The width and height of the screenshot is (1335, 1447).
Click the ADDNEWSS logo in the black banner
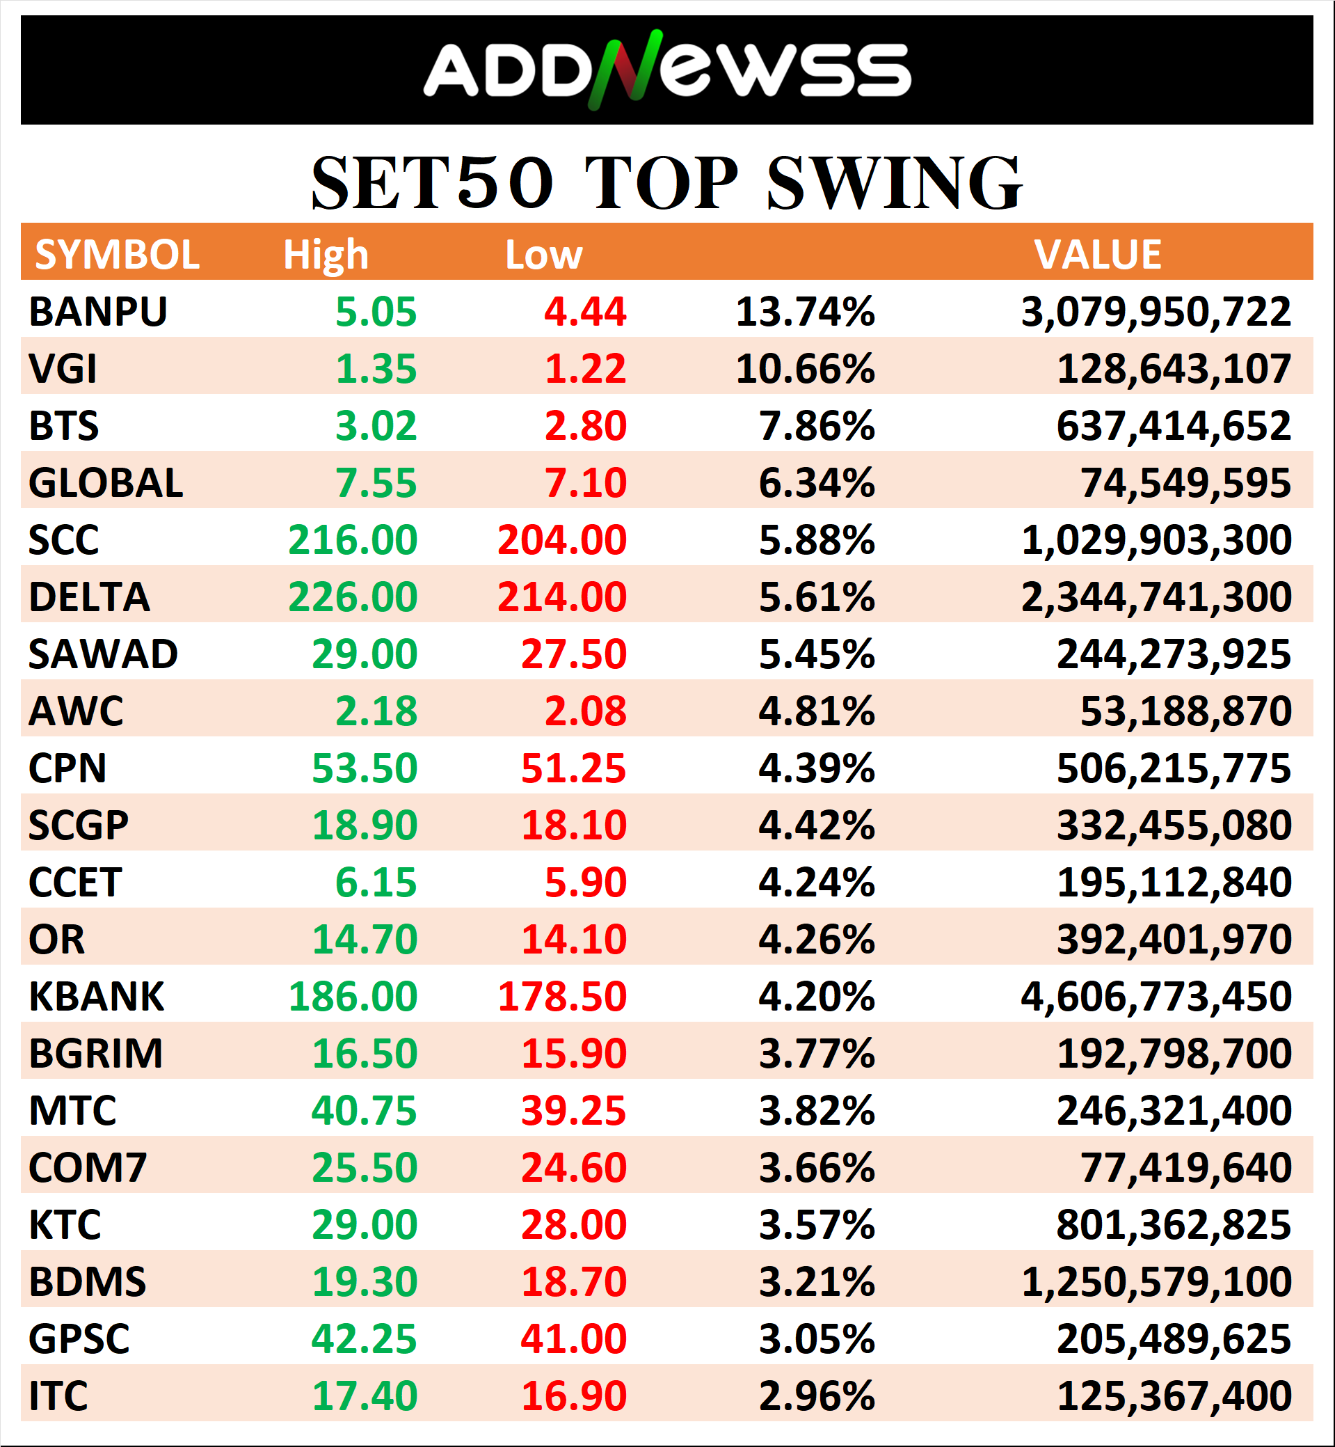pyautogui.click(x=666, y=70)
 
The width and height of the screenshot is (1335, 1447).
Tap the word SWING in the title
pyautogui.click(x=894, y=184)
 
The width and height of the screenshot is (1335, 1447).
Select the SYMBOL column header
pyautogui.click(x=117, y=255)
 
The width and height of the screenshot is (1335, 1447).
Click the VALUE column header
pyautogui.click(x=1097, y=255)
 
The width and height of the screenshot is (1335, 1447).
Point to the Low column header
pyautogui.click(x=543, y=255)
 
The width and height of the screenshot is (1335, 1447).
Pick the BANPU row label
pyautogui.click(x=97, y=313)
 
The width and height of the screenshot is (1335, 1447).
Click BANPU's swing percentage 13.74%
pyautogui.click(x=805, y=313)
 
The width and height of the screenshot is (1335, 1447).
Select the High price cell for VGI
pyautogui.click(x=376, y=370)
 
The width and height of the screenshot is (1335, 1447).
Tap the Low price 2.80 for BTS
pyautogui.click(x=585, y=426)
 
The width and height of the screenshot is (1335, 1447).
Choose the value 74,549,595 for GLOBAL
pyautogui.click(x=1185, y=483)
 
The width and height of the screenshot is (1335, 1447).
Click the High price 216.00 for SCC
pyautogui.click(x=353, y=540)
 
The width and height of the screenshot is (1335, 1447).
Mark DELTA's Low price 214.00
pyautogui.click(x=562, y=597)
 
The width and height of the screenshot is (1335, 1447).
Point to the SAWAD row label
pyautogui.click(x=102, y=654)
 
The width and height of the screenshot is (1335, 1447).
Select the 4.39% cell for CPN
pyautogui.click(x=816, y=768)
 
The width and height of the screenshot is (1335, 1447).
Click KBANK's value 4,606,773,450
pyautogui.click(x=1156, y=996)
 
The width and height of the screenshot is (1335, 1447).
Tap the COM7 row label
pyautogui.click(x=88, y=1167)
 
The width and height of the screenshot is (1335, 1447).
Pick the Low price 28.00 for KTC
pyautogui.click(x=574, y=1224)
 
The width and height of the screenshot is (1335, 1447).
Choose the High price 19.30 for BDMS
pyautogui.click(x=364, y=1281)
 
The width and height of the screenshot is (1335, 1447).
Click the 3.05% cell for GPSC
pyautogui.click(x=816, y=1338)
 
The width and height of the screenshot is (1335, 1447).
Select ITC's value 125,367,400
pyautogui.click(x=1174, y=1395)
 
